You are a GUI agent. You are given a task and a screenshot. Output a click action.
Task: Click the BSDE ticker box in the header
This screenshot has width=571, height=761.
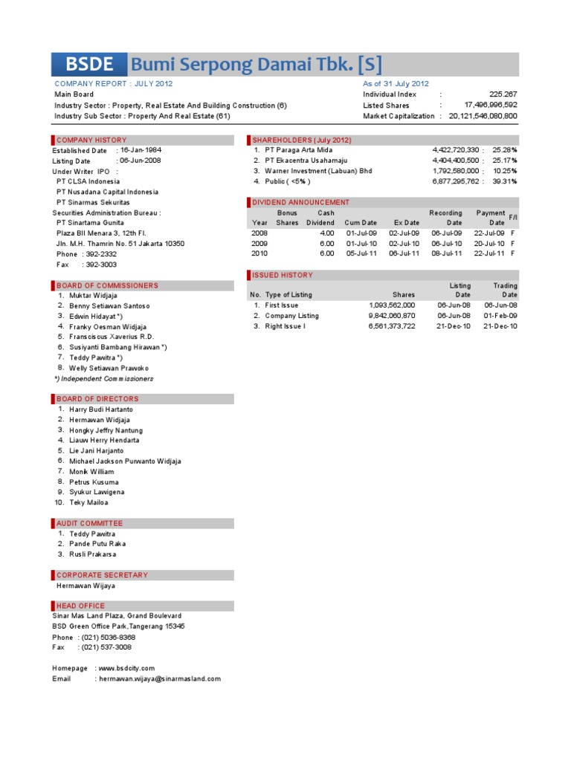coord(89,65)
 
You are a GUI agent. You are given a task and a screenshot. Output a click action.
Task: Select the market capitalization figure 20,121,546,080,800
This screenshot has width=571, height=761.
coord(482,116)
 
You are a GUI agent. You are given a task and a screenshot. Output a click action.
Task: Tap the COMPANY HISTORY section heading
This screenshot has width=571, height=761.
coord(91,140)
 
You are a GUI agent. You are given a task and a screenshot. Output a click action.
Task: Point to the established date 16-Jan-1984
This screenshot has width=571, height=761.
coord(141,149)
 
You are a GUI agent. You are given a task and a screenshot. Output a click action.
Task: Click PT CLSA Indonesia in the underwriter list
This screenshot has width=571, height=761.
coord(88,181)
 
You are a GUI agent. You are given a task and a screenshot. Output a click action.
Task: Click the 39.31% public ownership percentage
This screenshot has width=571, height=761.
coord(504,181)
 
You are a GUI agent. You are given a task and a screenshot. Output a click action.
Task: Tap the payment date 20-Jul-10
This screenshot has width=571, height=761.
coord(489,243)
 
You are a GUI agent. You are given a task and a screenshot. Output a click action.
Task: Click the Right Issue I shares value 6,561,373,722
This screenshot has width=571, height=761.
coord(392,326)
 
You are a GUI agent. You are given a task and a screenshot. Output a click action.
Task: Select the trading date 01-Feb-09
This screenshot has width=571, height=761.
coord(500,316)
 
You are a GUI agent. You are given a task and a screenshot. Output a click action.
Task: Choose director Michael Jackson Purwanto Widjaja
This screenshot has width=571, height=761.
coord(125,461)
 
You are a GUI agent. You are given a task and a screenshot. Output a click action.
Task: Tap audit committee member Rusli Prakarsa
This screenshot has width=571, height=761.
coord(92,554)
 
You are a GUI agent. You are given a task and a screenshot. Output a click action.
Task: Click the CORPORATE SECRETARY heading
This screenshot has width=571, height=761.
coord(102,574)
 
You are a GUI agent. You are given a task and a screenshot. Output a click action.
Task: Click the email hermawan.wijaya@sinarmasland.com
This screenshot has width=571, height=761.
coord(159,679)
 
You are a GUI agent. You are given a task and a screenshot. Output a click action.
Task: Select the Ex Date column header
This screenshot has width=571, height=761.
coord(406,222)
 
